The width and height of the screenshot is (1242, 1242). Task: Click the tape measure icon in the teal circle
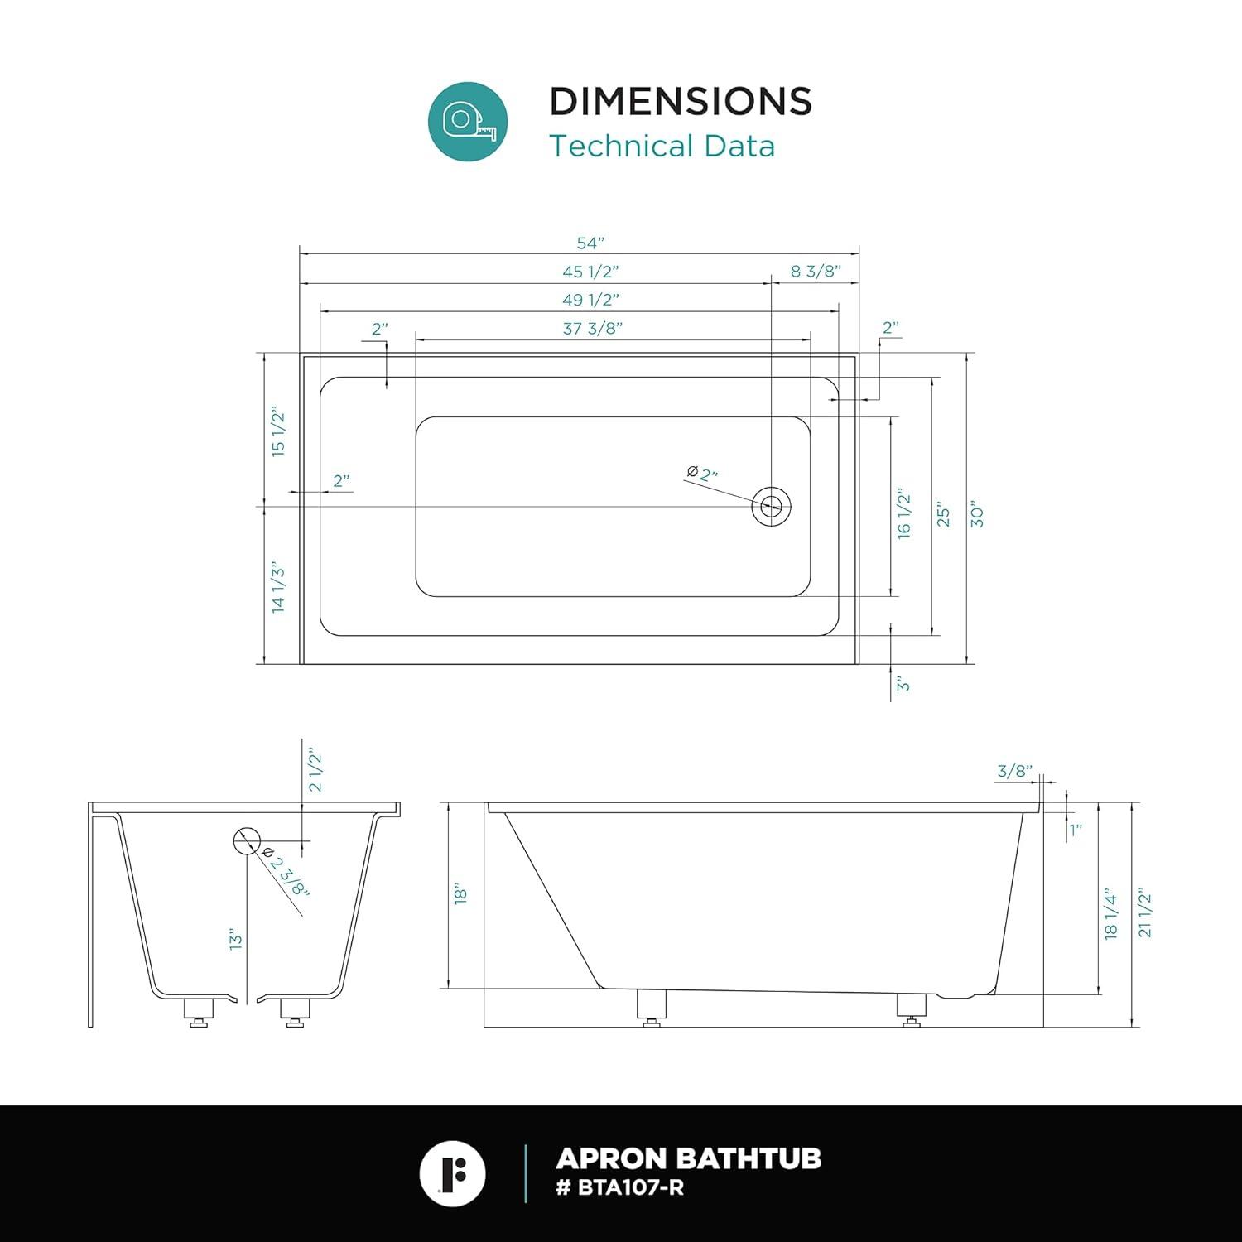point(468,121)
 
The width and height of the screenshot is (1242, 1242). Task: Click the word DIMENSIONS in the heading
point(681,101)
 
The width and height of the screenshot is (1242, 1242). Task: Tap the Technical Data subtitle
point(662,146)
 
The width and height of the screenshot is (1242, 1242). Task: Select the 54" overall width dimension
point(590,243)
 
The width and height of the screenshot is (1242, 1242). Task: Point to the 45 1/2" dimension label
point(591,271)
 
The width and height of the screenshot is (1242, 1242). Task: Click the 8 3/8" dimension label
point(816,271)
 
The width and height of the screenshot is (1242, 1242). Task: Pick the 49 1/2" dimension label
point(591,299)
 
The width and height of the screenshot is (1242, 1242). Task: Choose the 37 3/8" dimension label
point(593,328)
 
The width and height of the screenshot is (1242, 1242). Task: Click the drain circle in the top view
point(772,505)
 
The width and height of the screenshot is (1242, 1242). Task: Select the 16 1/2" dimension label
point(903,515)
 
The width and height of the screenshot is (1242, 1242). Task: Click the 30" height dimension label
point(977,513)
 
